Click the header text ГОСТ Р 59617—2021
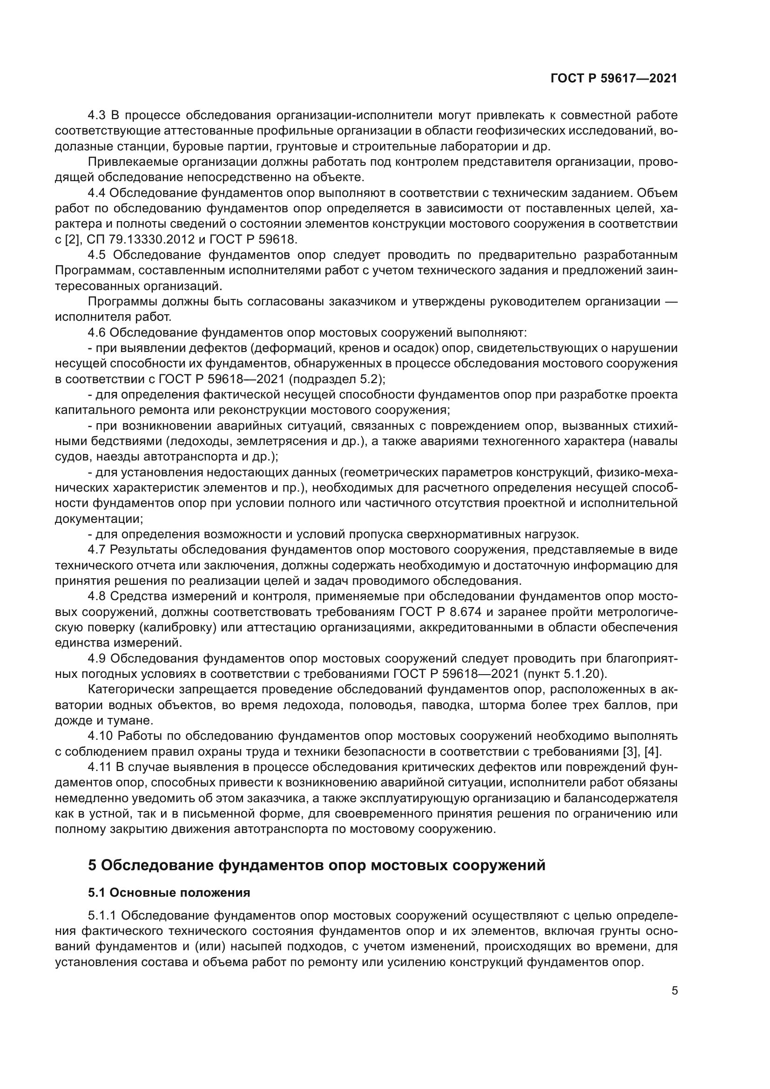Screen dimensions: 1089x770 pyautogui.click(x=614, y=78)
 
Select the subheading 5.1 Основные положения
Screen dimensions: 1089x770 pyautogui.click(x=169, y=893)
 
